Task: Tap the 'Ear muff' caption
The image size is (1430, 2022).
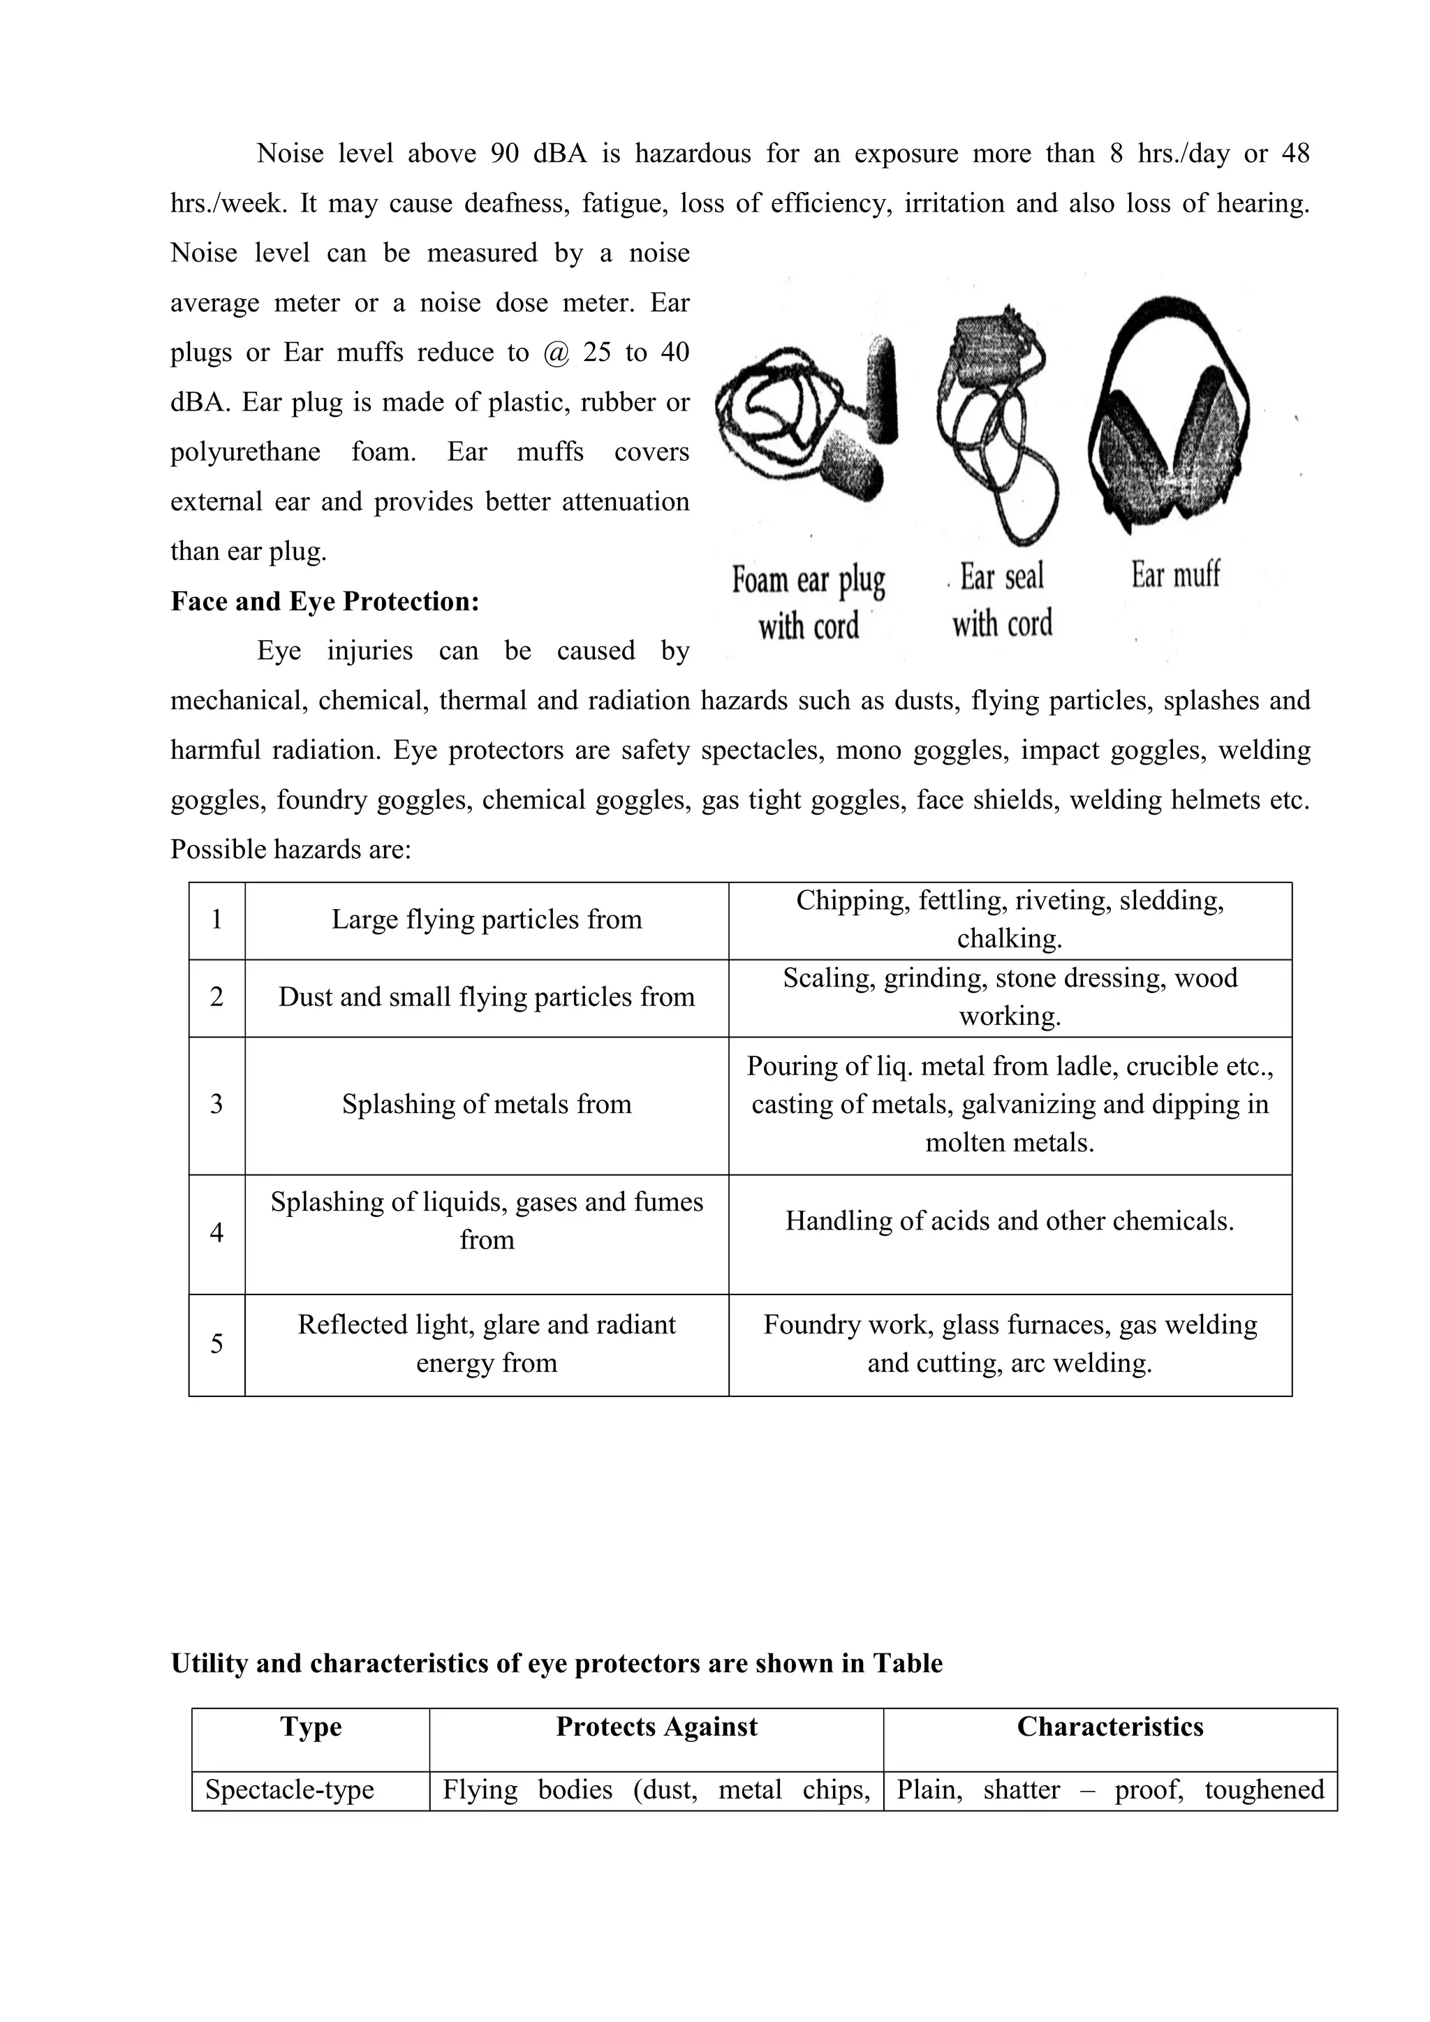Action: coord(1176,575)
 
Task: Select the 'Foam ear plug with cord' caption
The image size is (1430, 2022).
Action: coord(809,603)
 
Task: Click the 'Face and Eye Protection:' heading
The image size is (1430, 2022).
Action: coord(325,601)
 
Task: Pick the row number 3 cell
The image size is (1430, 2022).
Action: coord(216,1105)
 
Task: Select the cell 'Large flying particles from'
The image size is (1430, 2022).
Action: coord(486,920)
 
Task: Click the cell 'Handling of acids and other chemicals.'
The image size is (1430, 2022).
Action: coord(1009,1220)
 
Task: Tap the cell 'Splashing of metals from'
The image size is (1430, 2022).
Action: coord(486,1105)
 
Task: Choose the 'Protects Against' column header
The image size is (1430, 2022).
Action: coord(656,1727)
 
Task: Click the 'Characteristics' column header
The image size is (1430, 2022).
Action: coord(1110,1727)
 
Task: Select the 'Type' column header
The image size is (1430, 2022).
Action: coord(311,1727)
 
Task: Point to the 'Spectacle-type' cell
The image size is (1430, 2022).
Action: coord(290,1789)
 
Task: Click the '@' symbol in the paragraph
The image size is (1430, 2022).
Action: coord(556,353)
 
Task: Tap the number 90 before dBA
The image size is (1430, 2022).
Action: coord(505,154)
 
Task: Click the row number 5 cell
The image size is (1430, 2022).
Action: coord(216,1344)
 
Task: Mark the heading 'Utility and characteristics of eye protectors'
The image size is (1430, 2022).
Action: coord(556,1664)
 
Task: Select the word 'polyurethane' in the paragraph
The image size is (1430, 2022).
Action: coord(245,452)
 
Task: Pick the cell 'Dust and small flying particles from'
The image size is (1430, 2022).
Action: coord(486,997)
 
